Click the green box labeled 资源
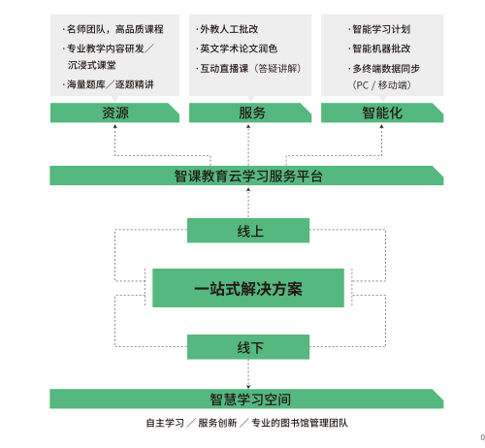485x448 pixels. click(x=114, y=112)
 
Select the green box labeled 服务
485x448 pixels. click(x=250, y=112)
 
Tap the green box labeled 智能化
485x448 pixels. click(x=382, y=112)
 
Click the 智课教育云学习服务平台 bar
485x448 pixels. click(x=246, y=176)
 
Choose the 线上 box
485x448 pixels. click(x=248, y=231)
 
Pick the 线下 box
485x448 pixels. click(x=248, y=347)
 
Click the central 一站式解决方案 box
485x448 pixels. click(x=248, y=288)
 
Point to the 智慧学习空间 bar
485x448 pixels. click(x=246, y=399)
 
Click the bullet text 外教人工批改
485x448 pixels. click(x=229, y=29)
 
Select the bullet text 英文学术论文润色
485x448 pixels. click(x=239, y=48)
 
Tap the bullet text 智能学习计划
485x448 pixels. click(x=381, y=29)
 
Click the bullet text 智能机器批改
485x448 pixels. click(x=381, y=48)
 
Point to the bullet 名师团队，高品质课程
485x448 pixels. click(x=115, y=29)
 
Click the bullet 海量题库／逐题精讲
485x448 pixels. click(x=111, y=84)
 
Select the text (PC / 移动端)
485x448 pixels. click(x=381, y=85)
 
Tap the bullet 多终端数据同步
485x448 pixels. click(x=386, y=69)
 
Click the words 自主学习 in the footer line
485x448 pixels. click(x=165, y=423)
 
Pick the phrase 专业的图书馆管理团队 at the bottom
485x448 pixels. click(x=300, y=423)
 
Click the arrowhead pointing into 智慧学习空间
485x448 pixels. click(x=248, y=387)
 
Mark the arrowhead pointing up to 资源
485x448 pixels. click(x=114, y=127)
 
